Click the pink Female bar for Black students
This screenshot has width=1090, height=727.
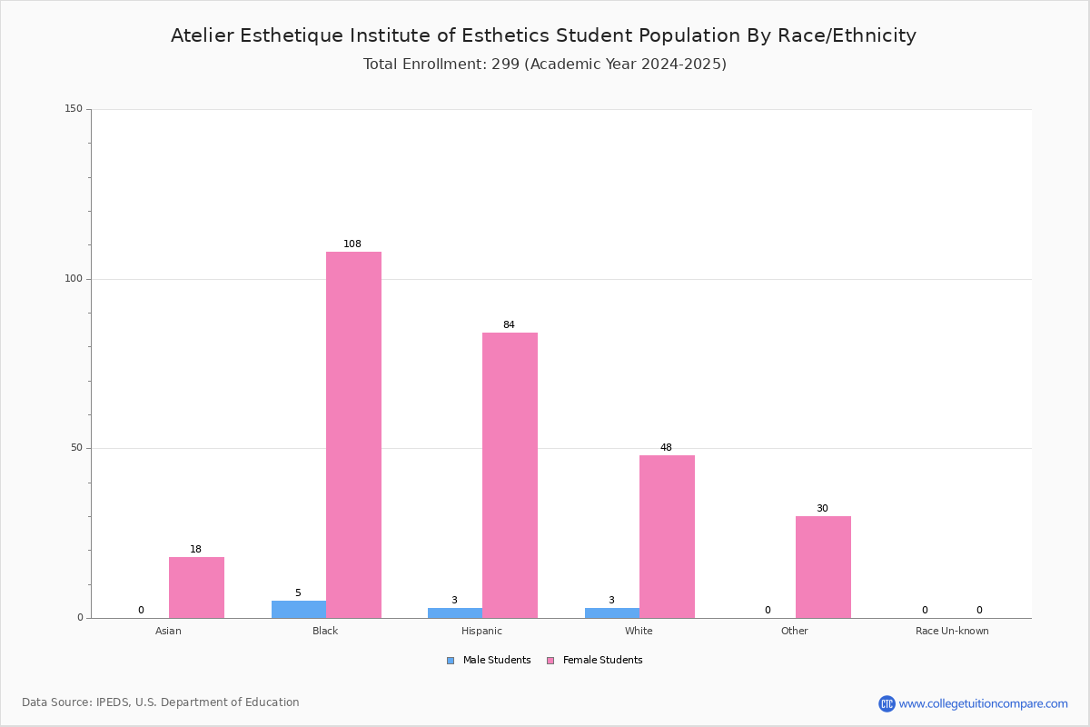[x=353, y=434]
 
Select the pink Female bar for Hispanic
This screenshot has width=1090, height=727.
[x=510, y=475]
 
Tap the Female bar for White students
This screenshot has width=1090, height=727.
[x=667, y=536]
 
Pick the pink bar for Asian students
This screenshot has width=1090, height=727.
[x=196, y=588]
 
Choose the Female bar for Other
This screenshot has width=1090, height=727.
[x=823, y=567]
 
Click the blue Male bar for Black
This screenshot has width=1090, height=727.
[x=299, y=610]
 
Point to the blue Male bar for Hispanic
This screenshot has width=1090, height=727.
[x=455, y=613]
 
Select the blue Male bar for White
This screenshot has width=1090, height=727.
[x=612, y=613]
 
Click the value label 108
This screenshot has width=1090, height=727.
[x=352, y=244]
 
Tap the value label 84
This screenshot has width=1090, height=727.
[x=509, y=324]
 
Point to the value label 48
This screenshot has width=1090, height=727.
[x=666, y=447]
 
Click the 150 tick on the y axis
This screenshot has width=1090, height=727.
[x=74, y=108]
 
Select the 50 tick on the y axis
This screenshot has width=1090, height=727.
[x=77, y=448]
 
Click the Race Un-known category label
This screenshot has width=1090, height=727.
[x=952, y=631]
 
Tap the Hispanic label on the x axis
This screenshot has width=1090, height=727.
[x=481, y=631]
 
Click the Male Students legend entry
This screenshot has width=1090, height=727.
[x=489, y=660]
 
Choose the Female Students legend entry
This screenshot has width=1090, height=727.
[x=595, y=660]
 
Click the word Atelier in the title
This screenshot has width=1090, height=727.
[x=202, y=35]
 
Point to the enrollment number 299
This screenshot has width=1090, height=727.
[x=506, y=64]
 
